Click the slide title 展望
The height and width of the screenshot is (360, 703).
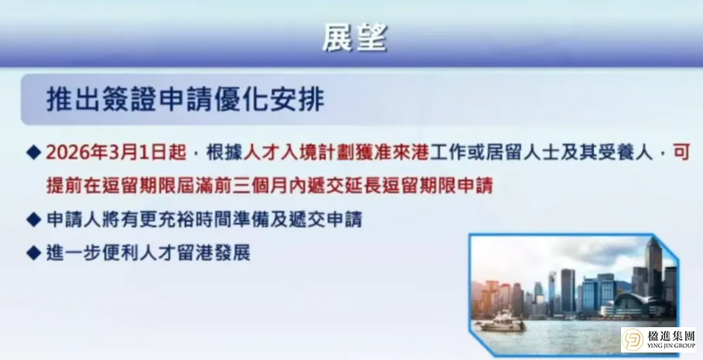click(355, 37)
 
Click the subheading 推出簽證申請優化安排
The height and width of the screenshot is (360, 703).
click(185, 99)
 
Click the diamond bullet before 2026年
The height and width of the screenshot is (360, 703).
click(33, 152)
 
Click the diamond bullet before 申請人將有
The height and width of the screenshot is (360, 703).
click(33, 220)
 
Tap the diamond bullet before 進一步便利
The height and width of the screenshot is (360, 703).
click(33, 253)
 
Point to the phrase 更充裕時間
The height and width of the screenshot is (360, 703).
click(160, 220)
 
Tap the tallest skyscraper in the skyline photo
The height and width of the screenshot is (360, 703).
click(654, 268)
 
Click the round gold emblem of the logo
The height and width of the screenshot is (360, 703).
click(634, 339)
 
